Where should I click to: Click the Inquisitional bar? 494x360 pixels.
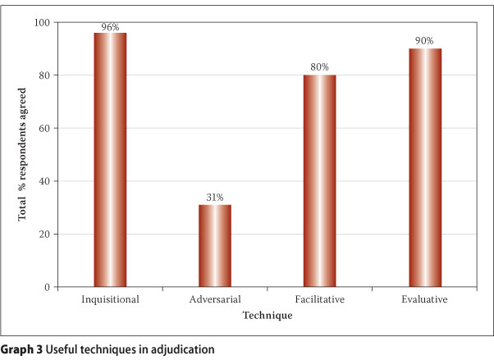tap(110, 160)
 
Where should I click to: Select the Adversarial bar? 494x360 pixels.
tap(215, 245)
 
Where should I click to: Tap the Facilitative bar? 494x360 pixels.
tap(320, 180)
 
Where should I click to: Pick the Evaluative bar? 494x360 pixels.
tap(425, 167)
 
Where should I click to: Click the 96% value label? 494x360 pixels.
tap(110, 27)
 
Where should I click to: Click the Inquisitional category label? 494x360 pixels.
tap(110, 299)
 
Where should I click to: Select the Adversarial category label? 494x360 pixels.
tap(215, 299)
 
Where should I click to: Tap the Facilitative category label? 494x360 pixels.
tap(320, 299)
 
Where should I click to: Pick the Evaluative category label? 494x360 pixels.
tap(425, 299)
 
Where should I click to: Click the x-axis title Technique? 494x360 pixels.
tap(268, 315)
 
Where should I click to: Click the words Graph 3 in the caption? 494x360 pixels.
tap(25, 349)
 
